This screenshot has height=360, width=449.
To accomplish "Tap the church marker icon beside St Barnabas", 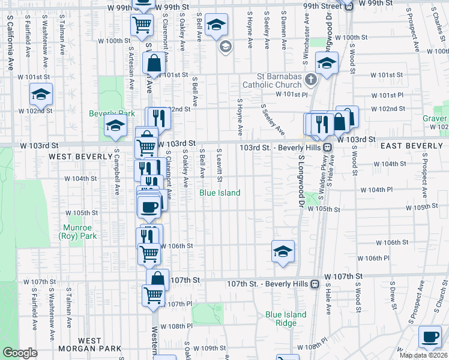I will coord(310,79).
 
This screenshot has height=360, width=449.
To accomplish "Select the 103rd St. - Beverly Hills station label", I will coord(281,147).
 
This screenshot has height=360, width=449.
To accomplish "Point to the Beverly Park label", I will coord(104,113).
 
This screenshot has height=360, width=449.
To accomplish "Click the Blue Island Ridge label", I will coord(286,319).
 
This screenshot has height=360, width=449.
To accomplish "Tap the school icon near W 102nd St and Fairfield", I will coord(41,94).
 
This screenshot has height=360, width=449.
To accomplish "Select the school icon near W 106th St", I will coord(283,251).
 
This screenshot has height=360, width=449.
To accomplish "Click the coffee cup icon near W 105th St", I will coord(149,207).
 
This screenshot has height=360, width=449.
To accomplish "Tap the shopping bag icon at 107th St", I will coord(157,280).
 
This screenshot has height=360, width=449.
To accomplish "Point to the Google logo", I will coord(20,353).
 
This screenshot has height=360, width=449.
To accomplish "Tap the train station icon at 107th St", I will coord(314,284).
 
